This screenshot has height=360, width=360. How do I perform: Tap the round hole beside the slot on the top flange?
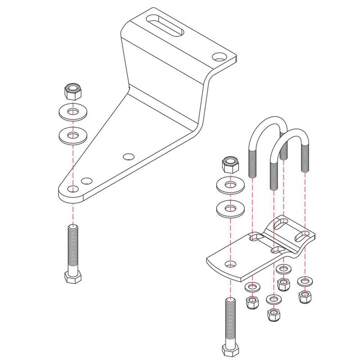click(219, 57)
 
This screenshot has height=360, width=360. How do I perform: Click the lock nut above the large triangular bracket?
click(72, 92)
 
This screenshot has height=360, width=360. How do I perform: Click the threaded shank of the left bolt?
click(73, 245)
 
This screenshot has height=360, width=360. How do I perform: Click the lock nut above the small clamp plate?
click(230, 165)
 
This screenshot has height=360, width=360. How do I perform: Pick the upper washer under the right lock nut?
click(230, 185)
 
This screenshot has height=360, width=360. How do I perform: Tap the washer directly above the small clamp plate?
click(230, 209)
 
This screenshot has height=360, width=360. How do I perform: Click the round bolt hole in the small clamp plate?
click(231, 263)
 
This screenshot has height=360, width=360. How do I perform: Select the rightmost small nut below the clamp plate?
click(306, 297)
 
